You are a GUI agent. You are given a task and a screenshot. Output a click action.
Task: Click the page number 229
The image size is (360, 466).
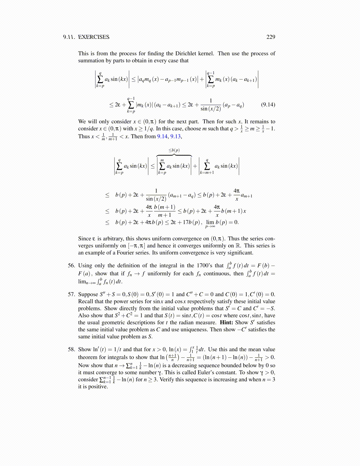click(271, 37)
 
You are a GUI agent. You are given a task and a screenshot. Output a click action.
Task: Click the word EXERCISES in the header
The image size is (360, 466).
click(94, 37)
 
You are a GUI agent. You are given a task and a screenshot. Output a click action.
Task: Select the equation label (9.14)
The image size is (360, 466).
click(268, 104)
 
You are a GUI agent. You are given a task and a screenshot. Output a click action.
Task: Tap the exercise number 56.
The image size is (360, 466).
click(71, 265)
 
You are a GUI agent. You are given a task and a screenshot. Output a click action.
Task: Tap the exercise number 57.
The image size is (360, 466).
click(71, 294)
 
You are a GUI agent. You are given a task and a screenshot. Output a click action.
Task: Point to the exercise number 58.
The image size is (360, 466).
click(71, 349)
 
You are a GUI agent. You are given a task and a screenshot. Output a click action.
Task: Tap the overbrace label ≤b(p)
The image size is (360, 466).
click(174, 150)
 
